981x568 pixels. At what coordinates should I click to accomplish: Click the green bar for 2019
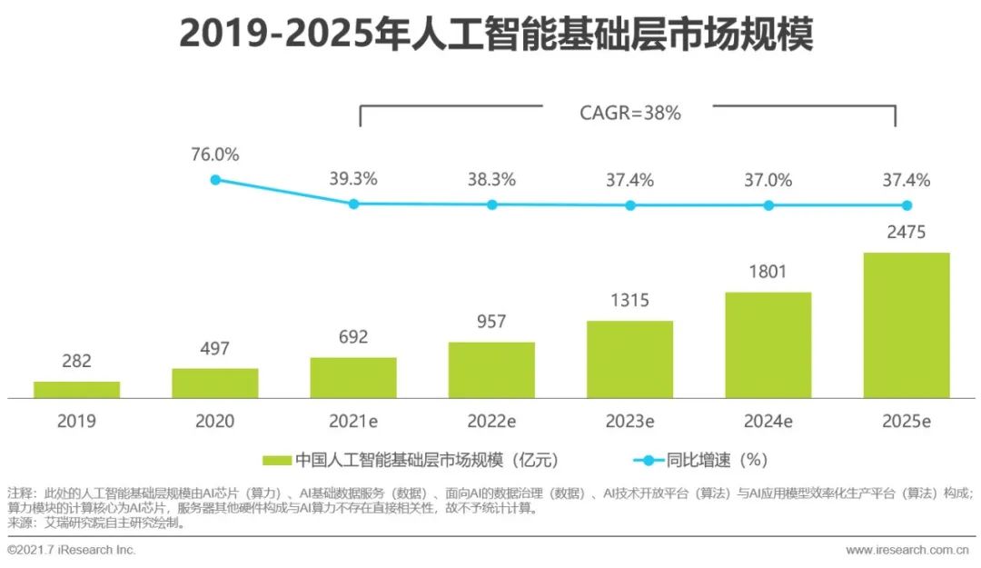[x=77, y=389]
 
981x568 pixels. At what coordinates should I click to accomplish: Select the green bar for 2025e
[x=907, y=325]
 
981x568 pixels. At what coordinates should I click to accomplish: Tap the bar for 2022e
[x=491, y=370]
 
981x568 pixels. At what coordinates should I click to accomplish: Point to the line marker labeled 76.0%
[x=215, y=180]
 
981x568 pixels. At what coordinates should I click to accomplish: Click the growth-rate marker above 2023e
[x=630, y=205]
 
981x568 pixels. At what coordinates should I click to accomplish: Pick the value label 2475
[x=907, y=233]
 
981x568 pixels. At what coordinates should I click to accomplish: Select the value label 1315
[x=630, y=301]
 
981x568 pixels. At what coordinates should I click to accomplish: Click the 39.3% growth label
[x=353, y=180]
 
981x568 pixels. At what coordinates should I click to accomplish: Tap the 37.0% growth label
[x=768, y=180]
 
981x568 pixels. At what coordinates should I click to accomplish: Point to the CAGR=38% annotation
[x=630, y=114]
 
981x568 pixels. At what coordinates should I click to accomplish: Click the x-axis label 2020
[x=215, y=421]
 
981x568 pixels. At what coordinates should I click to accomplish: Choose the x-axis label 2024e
[x=768, y=421]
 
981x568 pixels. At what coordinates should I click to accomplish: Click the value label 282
[x=77, y=361]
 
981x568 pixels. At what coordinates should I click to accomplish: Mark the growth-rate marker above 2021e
[x=353, y=204]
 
